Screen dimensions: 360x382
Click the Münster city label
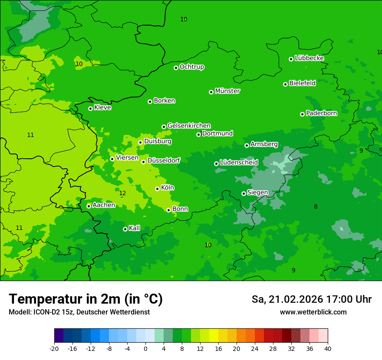(227, 91)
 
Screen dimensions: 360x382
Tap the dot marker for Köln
(157, 189)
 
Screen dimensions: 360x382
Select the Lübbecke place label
(309, 58)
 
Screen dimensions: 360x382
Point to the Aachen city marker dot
(89, 206)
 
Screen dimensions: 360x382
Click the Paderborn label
(321, 113)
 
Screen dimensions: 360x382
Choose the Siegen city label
(257, 193)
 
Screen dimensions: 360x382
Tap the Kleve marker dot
(90, 108)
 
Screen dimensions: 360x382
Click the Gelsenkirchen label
(189, 126)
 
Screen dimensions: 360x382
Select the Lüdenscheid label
(239, 163)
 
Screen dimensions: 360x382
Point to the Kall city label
(135, 228)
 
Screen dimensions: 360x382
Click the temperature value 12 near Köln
(122, 193)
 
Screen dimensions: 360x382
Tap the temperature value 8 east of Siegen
(316, 207)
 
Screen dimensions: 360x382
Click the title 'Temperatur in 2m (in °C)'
(86, 299)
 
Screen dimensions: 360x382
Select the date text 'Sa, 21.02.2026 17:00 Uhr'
(311, 299)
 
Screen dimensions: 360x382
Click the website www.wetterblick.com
(313, 312)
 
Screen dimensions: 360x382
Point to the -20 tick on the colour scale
(54, 348)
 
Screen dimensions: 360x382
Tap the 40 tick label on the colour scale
(328, 348)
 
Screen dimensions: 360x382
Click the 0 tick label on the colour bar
(145, 348)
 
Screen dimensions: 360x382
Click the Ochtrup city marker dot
(176, 68)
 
